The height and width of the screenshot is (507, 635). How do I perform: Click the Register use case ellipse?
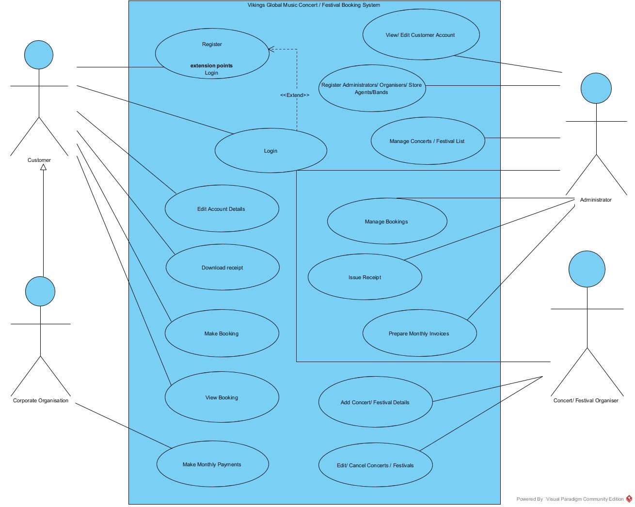click(212, 53)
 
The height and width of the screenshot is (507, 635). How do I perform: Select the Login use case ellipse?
click(270, 151)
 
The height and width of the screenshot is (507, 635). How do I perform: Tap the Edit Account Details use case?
click(222, 209)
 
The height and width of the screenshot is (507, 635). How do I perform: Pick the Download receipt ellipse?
click(222, 268)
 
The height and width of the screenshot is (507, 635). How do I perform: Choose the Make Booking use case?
click(222, 333)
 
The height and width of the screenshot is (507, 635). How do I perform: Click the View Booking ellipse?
click(222, 397)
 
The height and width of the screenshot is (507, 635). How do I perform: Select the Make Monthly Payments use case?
click(212, 464)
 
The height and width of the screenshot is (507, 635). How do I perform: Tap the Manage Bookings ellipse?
click(387, 222)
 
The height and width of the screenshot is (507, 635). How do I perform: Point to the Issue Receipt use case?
click(365, 277)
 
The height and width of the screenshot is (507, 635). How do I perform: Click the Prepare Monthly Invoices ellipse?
click(419, 333)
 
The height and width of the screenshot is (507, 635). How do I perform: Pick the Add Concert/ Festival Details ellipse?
click(375, 402)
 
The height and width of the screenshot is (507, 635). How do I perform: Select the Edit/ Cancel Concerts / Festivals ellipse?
click(375, 465)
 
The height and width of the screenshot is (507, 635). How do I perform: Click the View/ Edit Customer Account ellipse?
click(421, 35)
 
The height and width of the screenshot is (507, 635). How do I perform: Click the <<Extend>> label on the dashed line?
click(295, 95)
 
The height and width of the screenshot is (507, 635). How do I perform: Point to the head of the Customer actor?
click(39, 55)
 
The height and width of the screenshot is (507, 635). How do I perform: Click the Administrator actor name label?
click(596, 200)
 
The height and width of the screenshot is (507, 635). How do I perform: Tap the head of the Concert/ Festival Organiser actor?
click(587, 269)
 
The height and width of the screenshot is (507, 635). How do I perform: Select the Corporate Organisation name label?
click(41, 400)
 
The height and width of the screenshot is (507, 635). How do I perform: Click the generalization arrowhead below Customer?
click(43, 167)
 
